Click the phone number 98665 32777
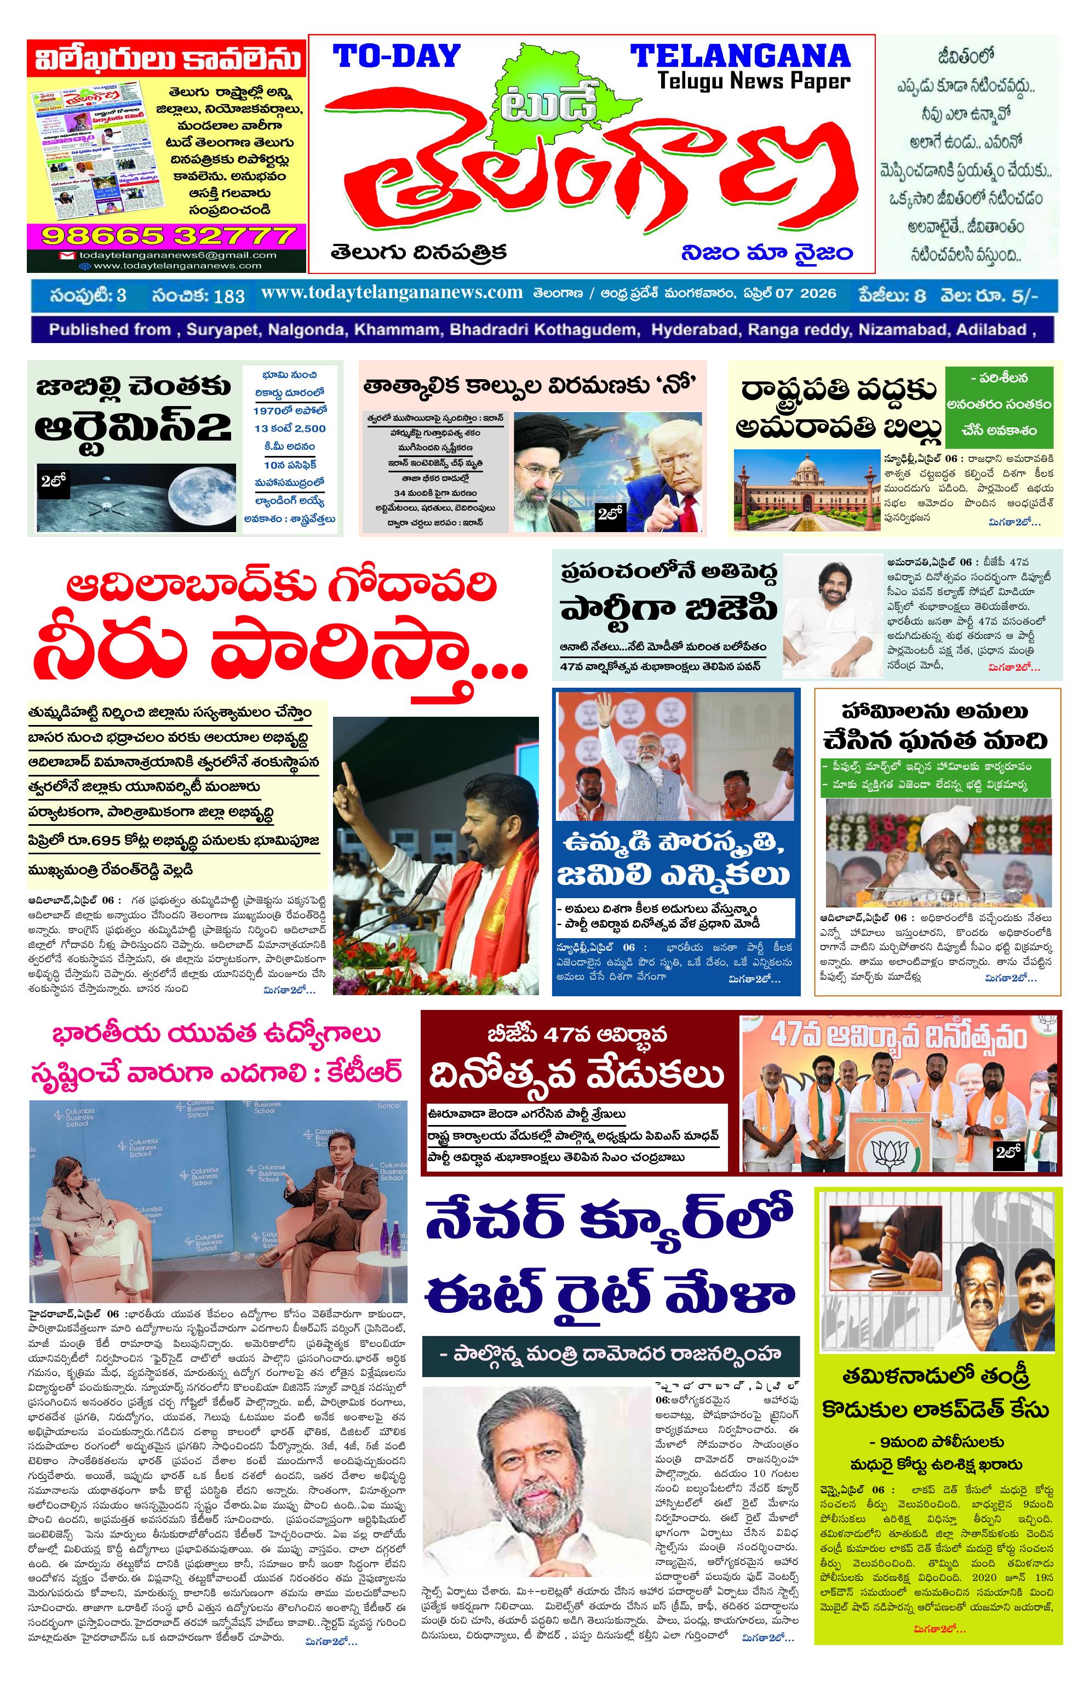[x=167, y=235]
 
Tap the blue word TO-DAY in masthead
[x=397, y=56]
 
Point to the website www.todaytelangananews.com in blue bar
[x=392, y=293]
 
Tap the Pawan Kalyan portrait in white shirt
[x=831, y=613]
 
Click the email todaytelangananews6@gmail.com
[x=167, y=255]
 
